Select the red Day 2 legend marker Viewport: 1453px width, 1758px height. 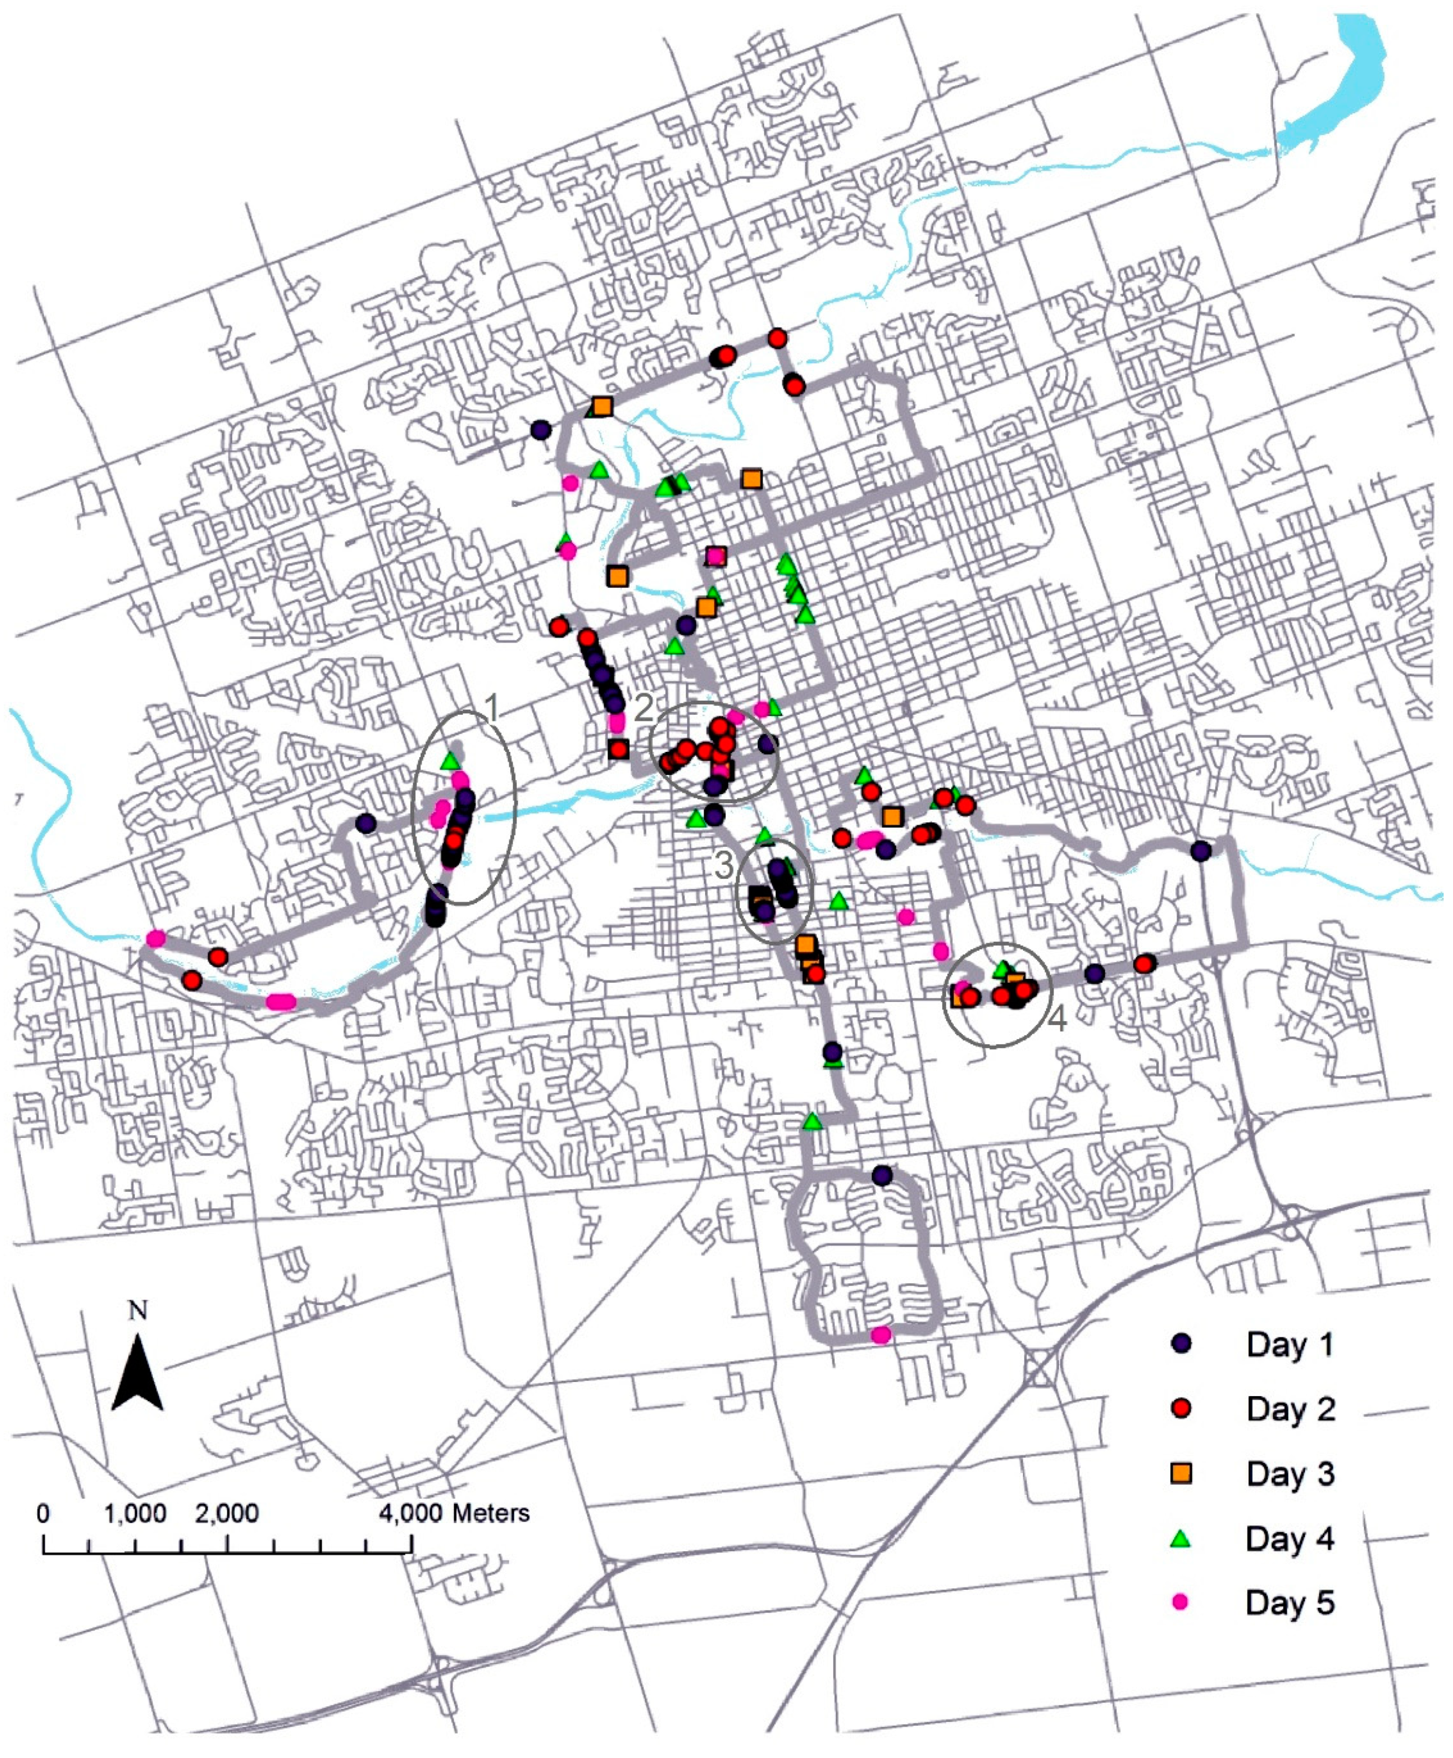pyautogui.click(x=1181, y=1408)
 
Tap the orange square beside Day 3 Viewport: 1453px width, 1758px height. pyautogui.click(x=1181, y=1473)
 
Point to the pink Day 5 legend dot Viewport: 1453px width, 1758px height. pyautogui.click(x=1181, y=1602)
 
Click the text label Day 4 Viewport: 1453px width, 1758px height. pyautogui.click(x=1289, y=1539)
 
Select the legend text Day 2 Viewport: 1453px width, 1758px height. pyautogui.click(x=1290, y=1409)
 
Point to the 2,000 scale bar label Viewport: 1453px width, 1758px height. pyautogui.click(x=227, y=1514)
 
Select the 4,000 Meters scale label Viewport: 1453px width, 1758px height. pyautogui.click(x=454, y=1514)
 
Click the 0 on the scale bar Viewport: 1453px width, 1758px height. pyautogui.click(x=43, y=1514)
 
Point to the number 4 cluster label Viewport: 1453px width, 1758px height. pyautogui.click(x=1057, y=1018)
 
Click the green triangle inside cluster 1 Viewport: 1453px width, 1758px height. pyautogui.click(x=450, y=761)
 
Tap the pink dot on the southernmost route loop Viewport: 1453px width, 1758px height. pyautogui.click(x=880, y=1335)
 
